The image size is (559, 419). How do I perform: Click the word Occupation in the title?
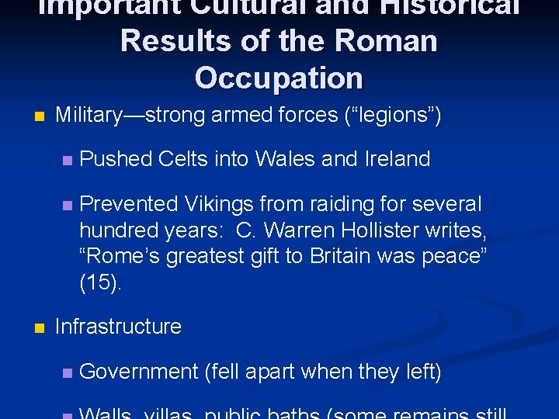coord(279,78)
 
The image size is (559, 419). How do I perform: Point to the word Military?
coord(89,116)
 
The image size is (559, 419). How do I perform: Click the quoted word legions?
coord(392,116)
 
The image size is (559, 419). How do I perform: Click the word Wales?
coord(279,159)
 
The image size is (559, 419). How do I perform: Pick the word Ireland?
coord(397,159)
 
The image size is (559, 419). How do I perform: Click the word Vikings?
coord(218,205)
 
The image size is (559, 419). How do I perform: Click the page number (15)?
coord(100,283)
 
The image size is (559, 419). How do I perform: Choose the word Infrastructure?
coord(118,327)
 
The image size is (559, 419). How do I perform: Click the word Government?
coord(139,372)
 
